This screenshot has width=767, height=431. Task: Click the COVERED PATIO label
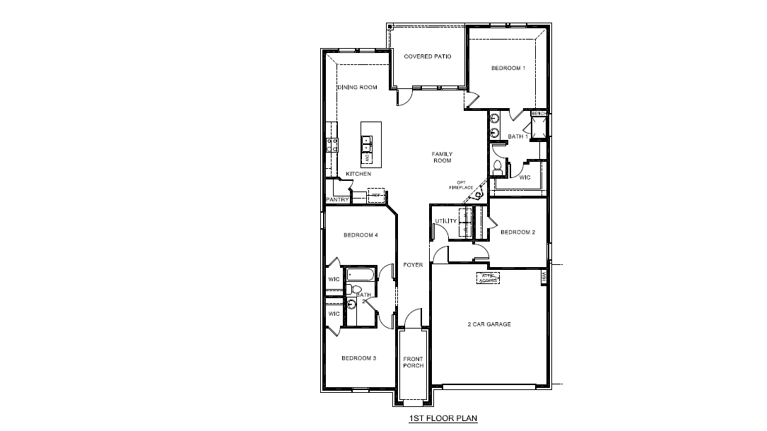pyautogui.click(x=427, y=57)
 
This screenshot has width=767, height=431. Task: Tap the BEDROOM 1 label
pyautogui.click(x=508, y=68)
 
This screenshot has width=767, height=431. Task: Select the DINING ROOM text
pyautogui.click(x=357, y=88)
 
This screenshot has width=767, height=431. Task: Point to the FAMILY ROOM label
pyautogui.click(x=443, y=157)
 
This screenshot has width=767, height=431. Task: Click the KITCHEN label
pyautogui.click(x=358, y=174)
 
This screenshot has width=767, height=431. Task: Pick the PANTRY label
pyautogui.click(x=337, y=200)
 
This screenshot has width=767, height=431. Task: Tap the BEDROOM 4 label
pyautogui.click(x=361, y=235)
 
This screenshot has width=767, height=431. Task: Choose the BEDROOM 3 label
pyautogui.click(x=358, y=358)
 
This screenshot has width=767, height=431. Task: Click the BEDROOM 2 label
pyautogui.click(x=517, y=232)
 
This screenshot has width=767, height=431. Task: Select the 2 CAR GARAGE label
pyautogui.click(x=489, y=324)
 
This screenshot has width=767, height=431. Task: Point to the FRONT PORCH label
pyautogui.click(x=413, y=362)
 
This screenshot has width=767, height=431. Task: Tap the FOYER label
pyautogui.click(x=413, y=265)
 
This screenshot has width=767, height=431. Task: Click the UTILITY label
pyautogui.click(x=446, y=221)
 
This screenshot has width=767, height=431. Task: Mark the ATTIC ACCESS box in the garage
pyautogui.click(x=488, y=278)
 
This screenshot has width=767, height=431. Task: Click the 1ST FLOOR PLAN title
pyautogui.click(x=443, y=418)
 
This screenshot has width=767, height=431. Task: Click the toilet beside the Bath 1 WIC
pyautogui.click(x=498, y=167)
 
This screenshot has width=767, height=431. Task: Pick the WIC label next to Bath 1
pyautogui.click(x=525, y=177)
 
